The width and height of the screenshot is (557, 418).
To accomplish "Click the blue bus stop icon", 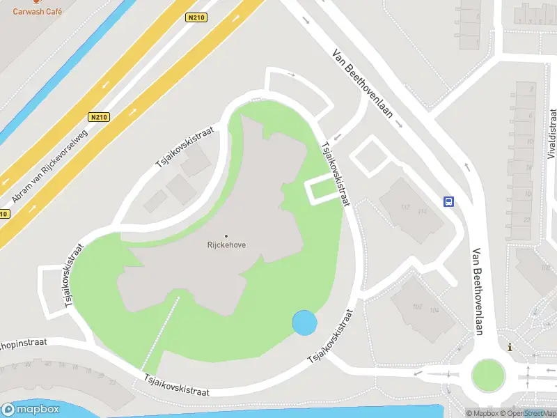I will click(449, 202).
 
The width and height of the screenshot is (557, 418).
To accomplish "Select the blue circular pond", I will click(305, 323).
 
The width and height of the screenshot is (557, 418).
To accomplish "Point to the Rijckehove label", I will click(226, 245).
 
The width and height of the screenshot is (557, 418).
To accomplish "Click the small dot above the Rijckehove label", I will click(226, 235).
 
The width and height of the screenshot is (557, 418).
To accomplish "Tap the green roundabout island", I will click(487, 374).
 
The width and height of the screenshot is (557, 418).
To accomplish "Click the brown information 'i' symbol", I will click(510, 347).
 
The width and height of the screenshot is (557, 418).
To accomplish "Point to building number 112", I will click(405, 207).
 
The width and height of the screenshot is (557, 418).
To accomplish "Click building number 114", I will click(421, 212).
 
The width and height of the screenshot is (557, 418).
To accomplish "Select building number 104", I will click(435, 310).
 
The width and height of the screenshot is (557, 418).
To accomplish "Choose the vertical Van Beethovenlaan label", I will click(478, 292).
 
